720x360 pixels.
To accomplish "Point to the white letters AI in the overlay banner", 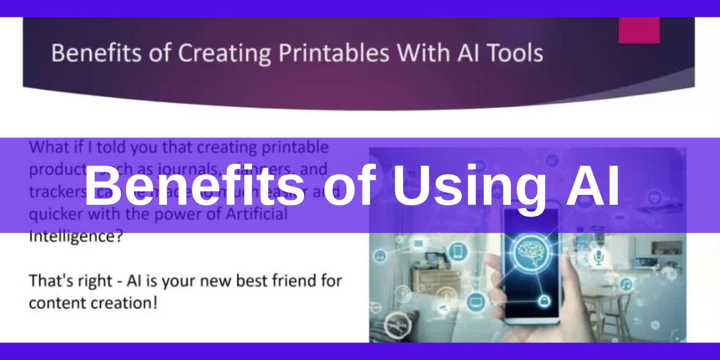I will click(x=593, y=186).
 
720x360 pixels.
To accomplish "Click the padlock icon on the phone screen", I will click(x=545, y=300).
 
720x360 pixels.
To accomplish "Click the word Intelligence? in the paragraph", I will click(x=75, y=236).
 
